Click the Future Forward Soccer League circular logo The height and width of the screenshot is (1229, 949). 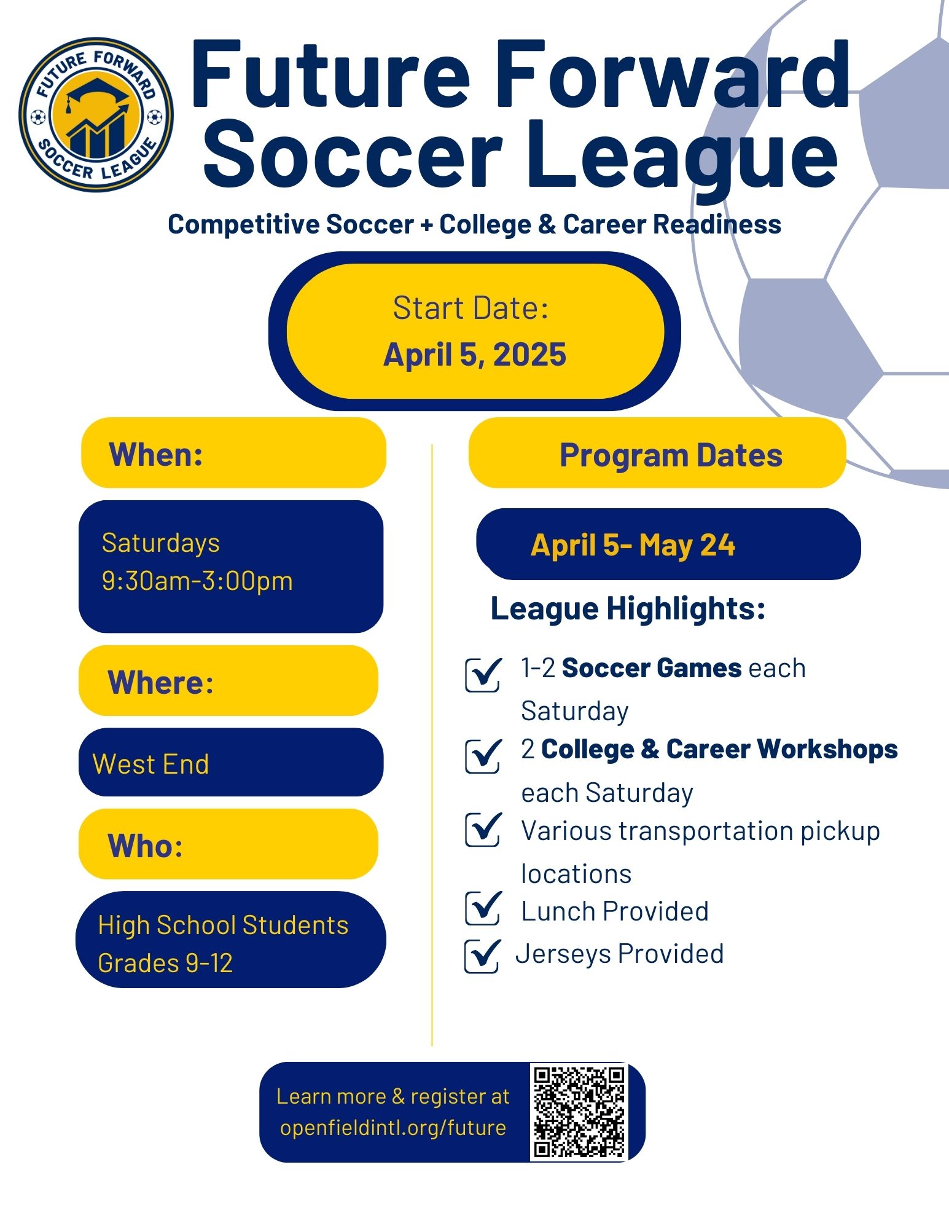[96, 114]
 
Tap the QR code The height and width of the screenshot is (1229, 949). [579, 1112]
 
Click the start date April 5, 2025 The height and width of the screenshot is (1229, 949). [474, 355]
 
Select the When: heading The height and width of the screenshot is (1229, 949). [156, 455]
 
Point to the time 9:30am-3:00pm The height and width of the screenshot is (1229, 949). [197, 581]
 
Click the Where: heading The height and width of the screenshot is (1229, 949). [160, 682]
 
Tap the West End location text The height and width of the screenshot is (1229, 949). [151, 764]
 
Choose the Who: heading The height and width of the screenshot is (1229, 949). [145, 846]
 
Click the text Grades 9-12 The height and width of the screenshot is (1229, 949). [165, 963]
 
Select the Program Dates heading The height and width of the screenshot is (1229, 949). [671, 455]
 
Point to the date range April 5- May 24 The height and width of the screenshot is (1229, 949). [633, 545]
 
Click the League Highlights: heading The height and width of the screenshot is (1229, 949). [628, 608]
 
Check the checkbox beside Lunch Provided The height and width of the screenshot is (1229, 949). [483, 908]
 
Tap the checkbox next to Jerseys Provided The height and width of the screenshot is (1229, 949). [482, 956]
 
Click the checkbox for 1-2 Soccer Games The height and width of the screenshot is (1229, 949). [483, 675]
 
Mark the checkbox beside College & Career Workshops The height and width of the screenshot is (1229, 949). [483, 756]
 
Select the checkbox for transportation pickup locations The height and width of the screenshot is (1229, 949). [483, 830]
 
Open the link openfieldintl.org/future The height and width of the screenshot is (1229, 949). [393, 1128]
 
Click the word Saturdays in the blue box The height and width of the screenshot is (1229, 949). [161, 543]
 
